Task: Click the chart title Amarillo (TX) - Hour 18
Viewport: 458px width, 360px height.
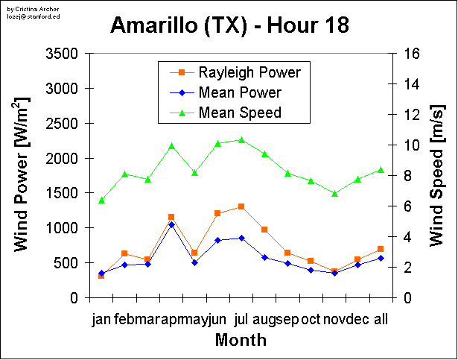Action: (229, 26)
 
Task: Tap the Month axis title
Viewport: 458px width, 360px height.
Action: (241, 341)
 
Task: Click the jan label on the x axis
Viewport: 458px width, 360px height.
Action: (101, 319)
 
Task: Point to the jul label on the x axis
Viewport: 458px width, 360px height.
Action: (241, 319)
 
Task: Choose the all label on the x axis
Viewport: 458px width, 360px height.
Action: (381, 319)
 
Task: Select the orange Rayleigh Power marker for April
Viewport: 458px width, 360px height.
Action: (171, 217)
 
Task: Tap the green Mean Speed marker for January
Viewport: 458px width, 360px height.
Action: (101, 200)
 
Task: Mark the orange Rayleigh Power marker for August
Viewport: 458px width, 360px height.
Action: (264, 230)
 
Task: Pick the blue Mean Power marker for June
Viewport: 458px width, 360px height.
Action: (217, 240)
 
